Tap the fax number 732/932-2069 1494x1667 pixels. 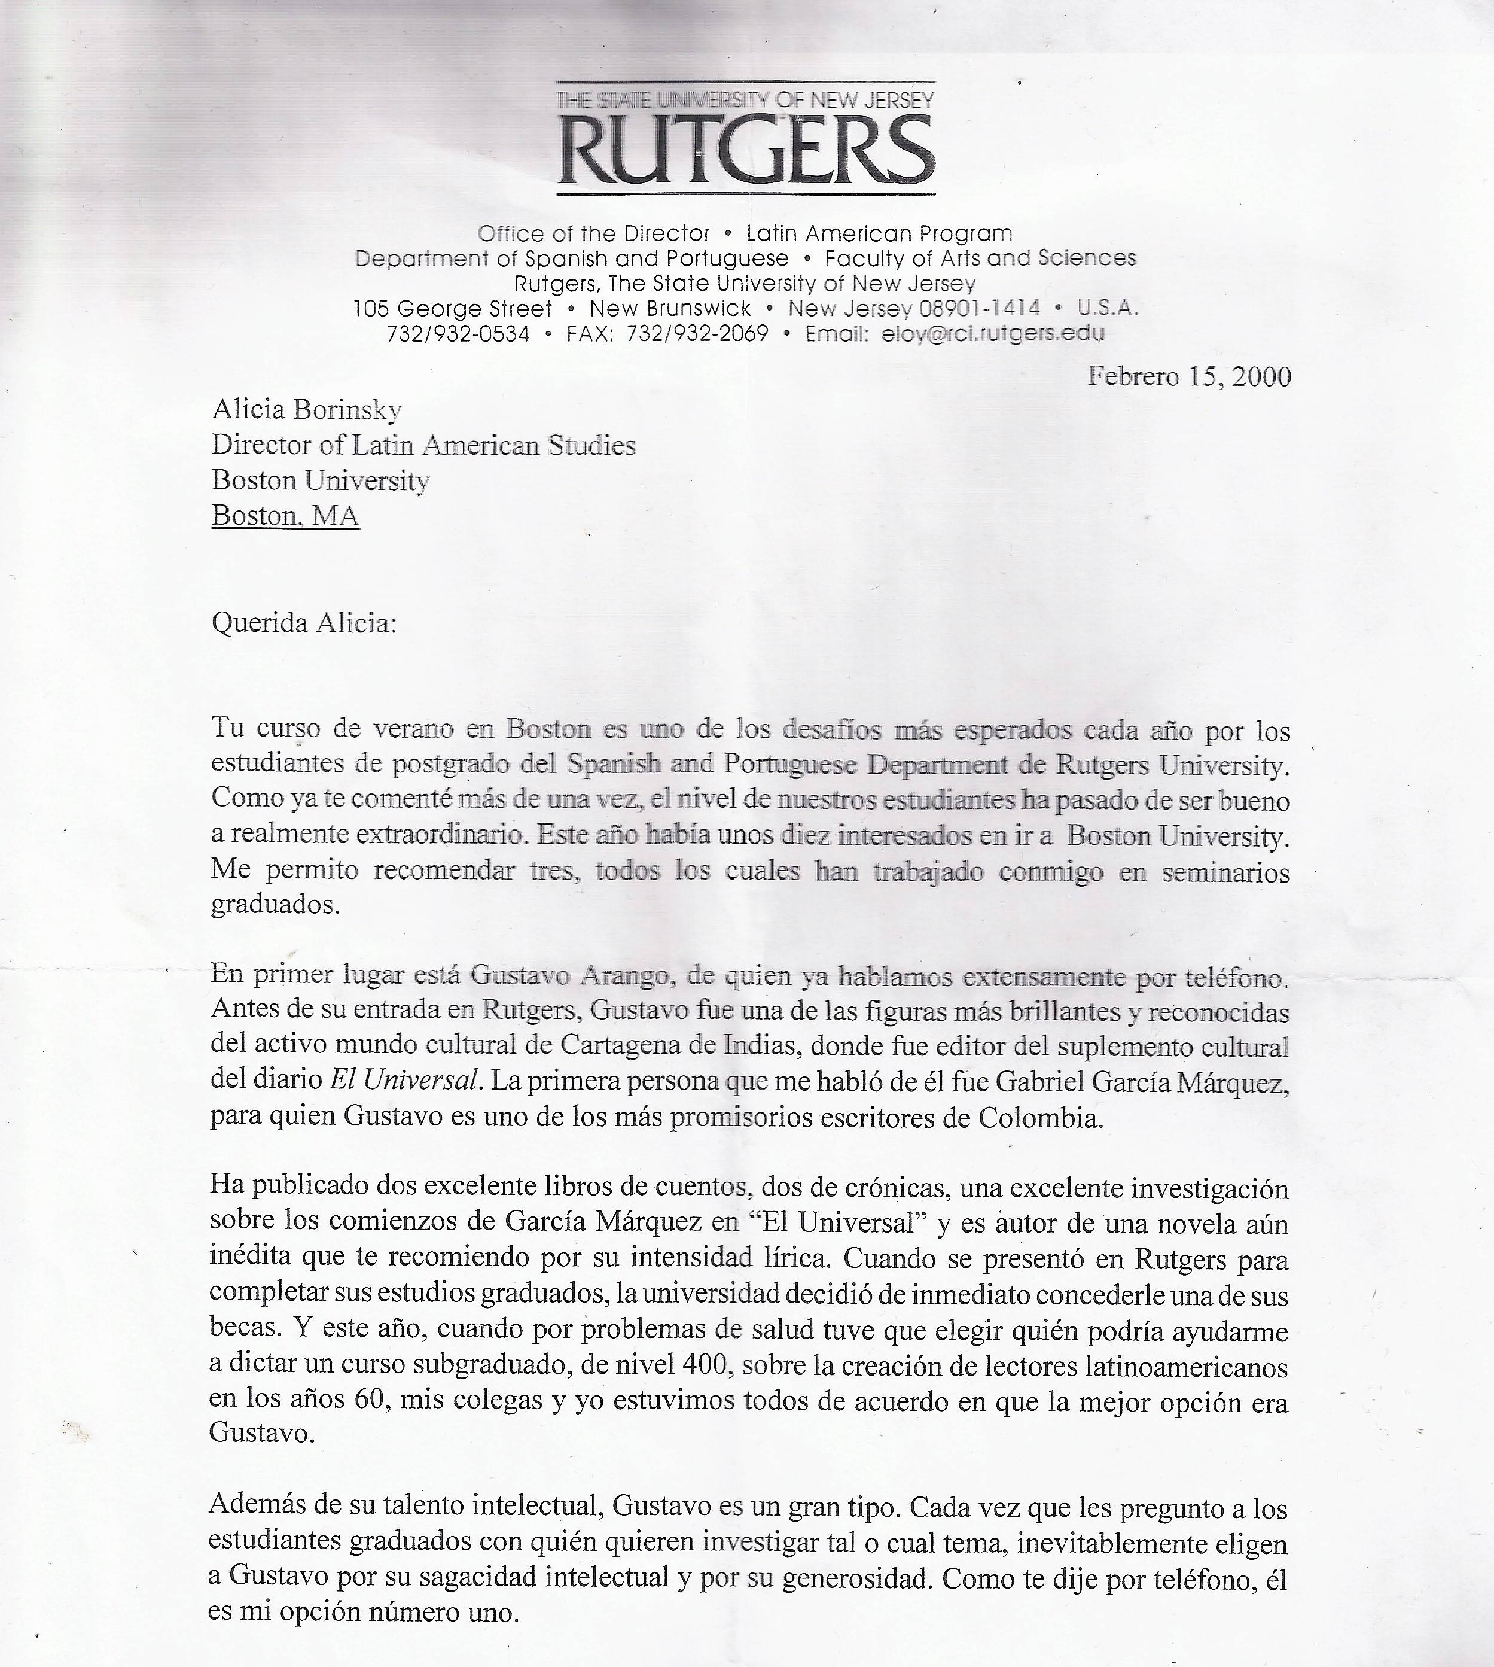(697, 333)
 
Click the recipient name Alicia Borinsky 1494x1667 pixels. (306, 409)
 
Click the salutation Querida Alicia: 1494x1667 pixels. (304, 623)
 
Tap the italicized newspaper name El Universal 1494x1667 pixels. (403, 1080)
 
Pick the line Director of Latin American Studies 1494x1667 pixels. (423, 445)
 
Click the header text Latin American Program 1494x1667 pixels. (879, 233)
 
